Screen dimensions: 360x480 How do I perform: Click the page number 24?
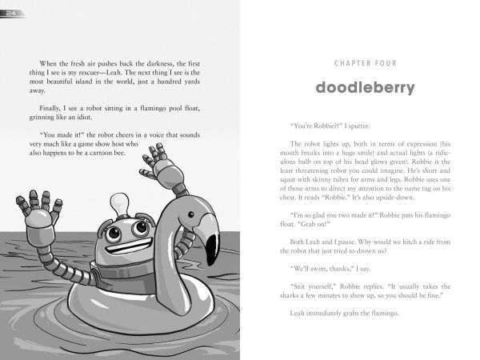pos(14,10)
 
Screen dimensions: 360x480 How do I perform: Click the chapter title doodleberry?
pos(365,87)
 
